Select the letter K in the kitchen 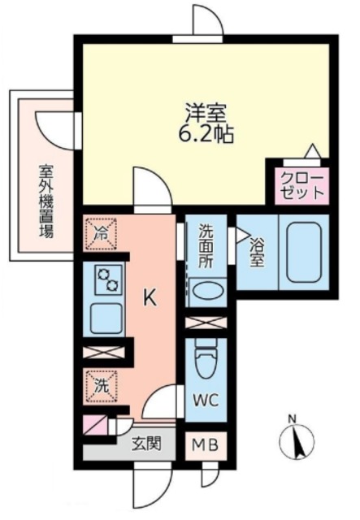coord(150,298)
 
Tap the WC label coord(205,401)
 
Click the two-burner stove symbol coord(108,281)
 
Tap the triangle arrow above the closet coord(311,151)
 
